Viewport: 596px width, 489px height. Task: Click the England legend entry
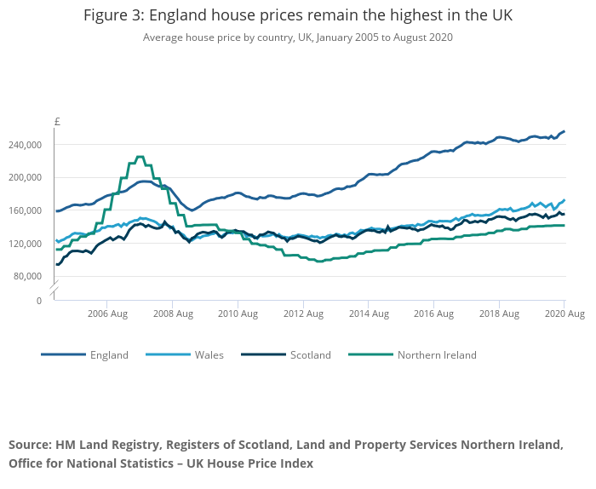(109, 355)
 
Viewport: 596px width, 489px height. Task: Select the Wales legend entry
(209, 355)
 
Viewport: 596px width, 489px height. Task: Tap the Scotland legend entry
(310, 355)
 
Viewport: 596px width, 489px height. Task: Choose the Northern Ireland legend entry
(437, 355)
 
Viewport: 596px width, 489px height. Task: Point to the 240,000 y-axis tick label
(25, 145)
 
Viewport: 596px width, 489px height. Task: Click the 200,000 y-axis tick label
(25, 177)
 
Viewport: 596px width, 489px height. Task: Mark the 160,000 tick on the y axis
(25, 210)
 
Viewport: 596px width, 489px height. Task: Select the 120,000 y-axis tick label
(25, 244)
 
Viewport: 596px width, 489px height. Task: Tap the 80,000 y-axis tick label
(27, 276)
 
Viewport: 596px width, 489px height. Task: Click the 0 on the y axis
(37, 301)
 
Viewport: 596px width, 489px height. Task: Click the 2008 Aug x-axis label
(172, 314)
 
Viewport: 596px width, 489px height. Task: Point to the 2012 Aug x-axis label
(302, 314)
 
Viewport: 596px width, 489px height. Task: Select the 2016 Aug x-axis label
(433, 314)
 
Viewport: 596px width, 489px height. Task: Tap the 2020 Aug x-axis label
(563, 314)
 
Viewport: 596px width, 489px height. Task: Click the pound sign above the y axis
(56, 122)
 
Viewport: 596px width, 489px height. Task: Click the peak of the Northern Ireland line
(140, 157)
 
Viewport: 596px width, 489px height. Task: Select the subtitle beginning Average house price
(298, 37)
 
